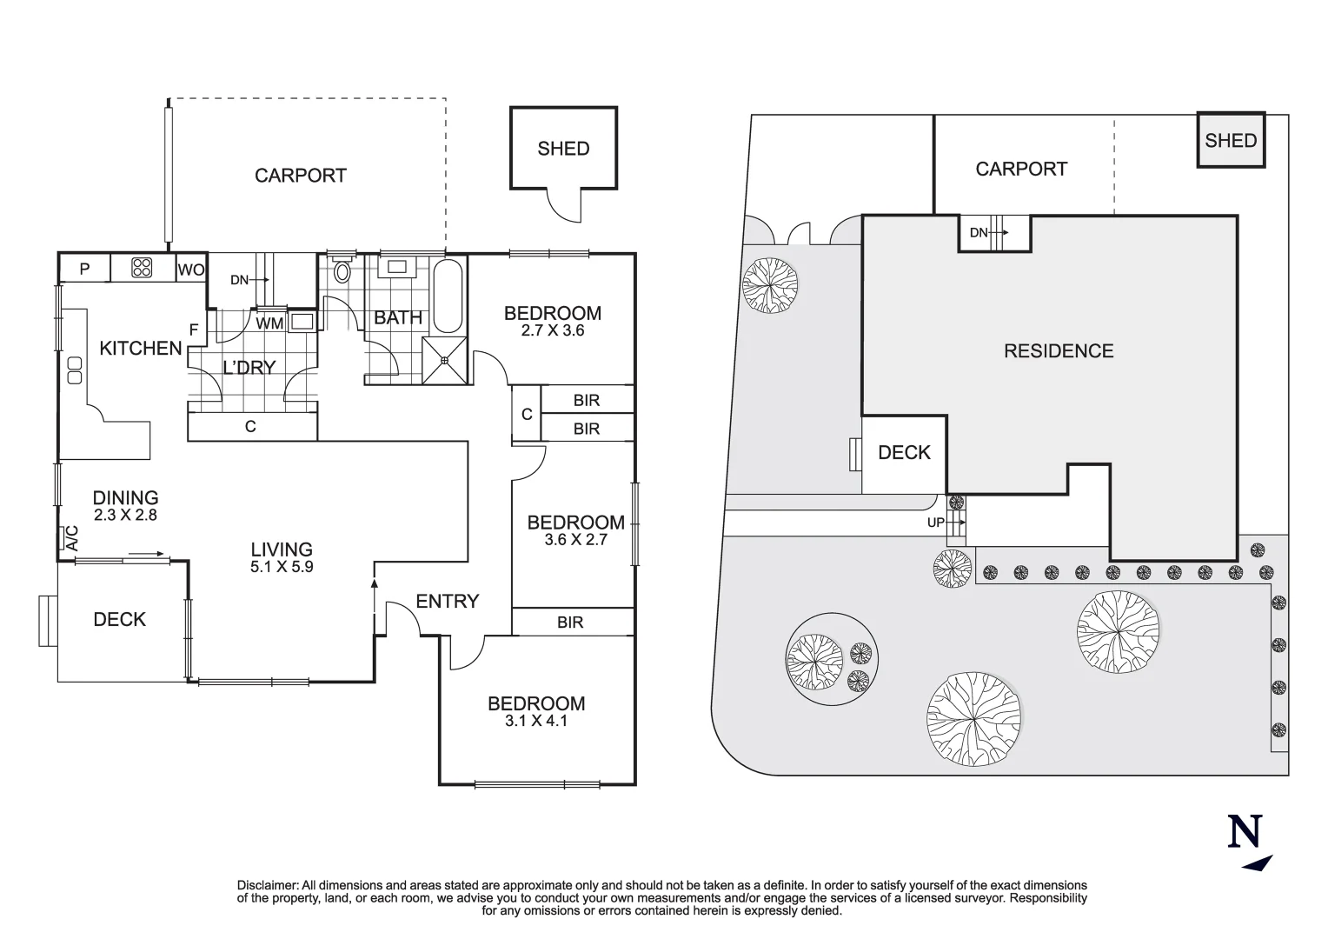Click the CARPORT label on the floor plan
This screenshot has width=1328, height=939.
click(301, 176)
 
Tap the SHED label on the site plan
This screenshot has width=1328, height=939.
click(1231, 141)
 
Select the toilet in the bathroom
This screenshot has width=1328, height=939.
click(342, 269)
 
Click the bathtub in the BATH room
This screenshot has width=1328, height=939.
click(448, 296)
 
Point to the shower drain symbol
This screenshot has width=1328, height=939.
click(445, 360)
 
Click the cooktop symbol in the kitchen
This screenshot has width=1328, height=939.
click(143, 268)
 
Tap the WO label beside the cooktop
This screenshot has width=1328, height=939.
click(191, 270)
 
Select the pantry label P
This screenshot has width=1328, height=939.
click(85, 270)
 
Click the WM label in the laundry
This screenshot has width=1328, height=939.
click(269, 323)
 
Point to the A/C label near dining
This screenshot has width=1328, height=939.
click(71, 538)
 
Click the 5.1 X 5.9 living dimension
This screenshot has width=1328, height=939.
click(282, 567)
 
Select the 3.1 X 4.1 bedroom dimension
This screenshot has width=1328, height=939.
click(536, 721)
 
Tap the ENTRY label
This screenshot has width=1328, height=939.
click(447, 602)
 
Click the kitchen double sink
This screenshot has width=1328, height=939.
click(75, 370)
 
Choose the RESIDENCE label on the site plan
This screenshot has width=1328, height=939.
click(1059, 351)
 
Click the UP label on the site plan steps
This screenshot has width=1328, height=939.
click(935, 523)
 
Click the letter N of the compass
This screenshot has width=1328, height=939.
click(1245, 831)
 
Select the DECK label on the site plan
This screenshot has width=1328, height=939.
click(904, 453)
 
